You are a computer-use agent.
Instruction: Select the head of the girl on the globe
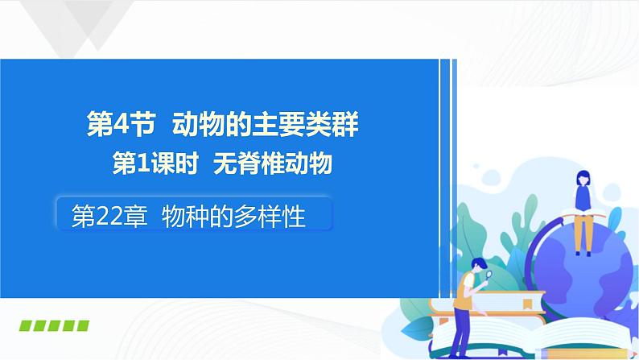point(582,178)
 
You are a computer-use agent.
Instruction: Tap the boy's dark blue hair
point(475,263)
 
